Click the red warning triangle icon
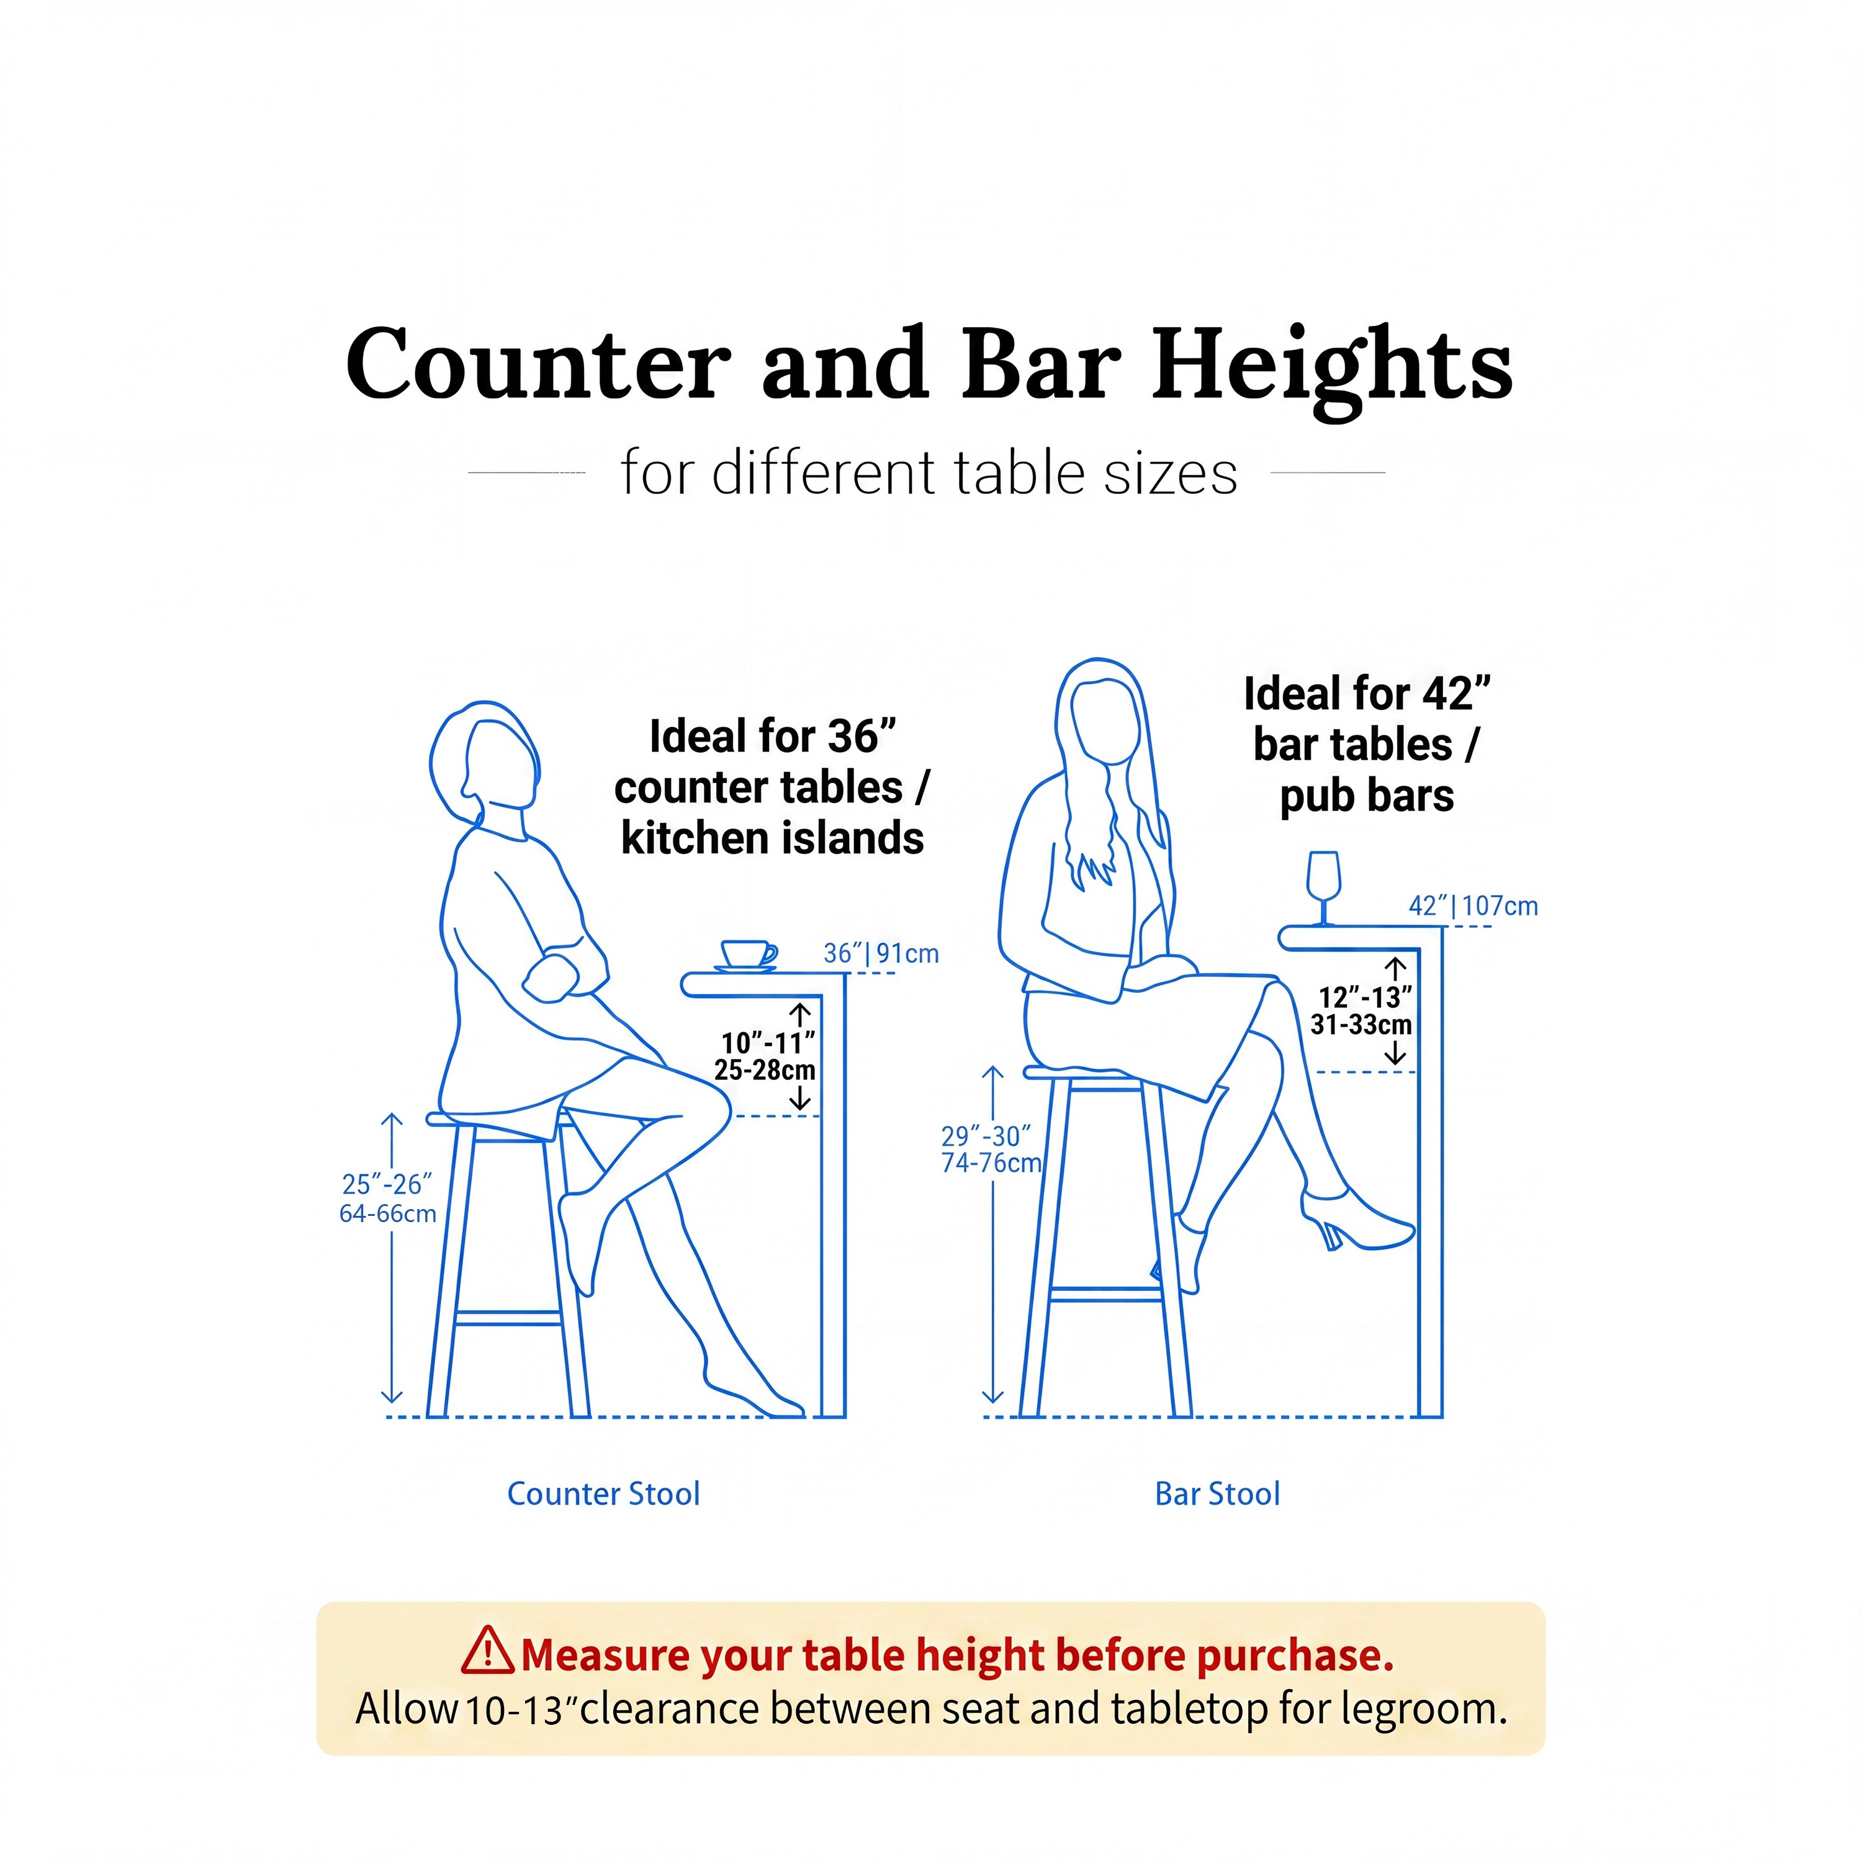(488, 1650)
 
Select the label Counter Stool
(603, 1494)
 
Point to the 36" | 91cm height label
(881, 953)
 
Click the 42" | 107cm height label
(1473, 906)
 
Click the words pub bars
(1367, 796)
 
